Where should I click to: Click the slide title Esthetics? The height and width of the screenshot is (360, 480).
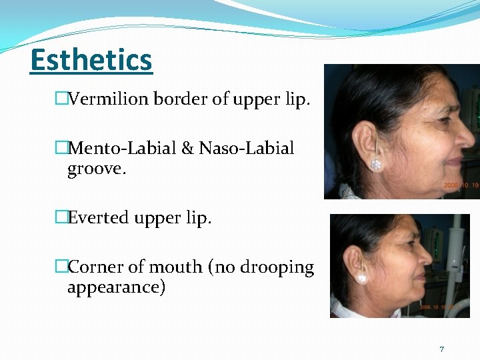[x=91, y=60]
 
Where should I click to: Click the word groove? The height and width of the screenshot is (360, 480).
[x=96, y=169]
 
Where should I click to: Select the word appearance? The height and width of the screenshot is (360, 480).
[x=116, y=287]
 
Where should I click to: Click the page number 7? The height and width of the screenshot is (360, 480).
[x=441, y=349]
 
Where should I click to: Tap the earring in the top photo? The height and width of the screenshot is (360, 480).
[x=376, y=163]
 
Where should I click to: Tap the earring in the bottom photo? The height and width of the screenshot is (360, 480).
[x=363, y=279]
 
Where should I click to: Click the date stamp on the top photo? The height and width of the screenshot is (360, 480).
[x=461, y=185]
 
